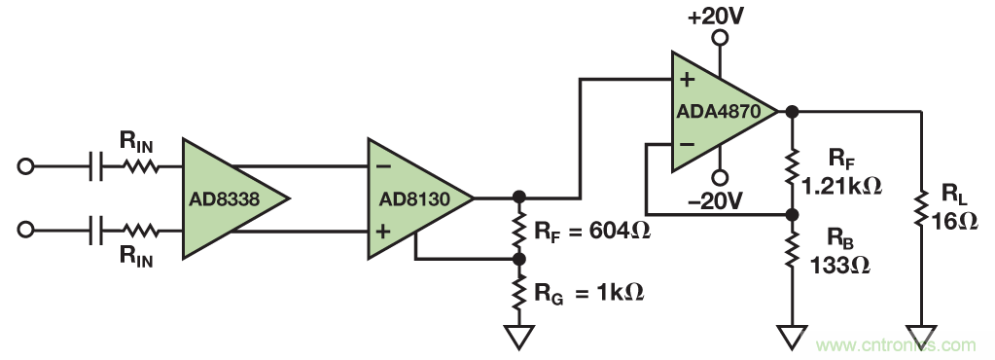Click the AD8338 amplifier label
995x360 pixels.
224,199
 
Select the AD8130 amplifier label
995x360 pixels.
414,199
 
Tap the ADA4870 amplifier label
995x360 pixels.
718,112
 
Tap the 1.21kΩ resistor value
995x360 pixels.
842,186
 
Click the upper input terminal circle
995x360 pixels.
25,166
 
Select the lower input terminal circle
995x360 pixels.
25,230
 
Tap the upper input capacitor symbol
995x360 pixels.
97,166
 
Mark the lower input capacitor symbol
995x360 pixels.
97,230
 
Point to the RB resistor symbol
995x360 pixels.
792,249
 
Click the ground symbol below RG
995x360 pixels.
519,338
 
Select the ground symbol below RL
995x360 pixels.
921,338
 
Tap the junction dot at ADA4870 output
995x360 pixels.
792,111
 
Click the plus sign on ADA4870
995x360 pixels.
688,80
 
